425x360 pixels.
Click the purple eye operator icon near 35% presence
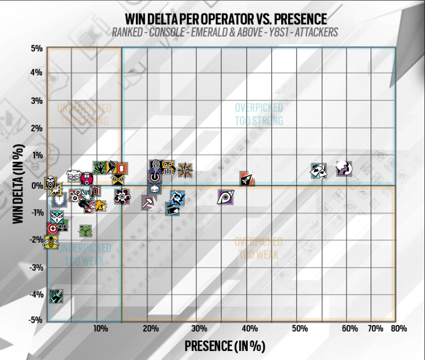[x=226, y=198]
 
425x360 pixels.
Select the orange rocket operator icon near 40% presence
[x=247, y=179]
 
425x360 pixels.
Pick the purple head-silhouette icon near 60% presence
[x=344, y=169]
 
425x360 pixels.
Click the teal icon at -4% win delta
[x=56, y=296]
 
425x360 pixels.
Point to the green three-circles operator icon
[x=86, y=230]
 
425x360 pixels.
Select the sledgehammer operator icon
[x=149, y=202]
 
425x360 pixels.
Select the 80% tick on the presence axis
[x=400, y=330]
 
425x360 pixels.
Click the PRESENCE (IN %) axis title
[x=224, y=346]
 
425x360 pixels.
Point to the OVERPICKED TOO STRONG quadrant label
[x=259, y=114]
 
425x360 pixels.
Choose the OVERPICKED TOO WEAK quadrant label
[x=259, y=248]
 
